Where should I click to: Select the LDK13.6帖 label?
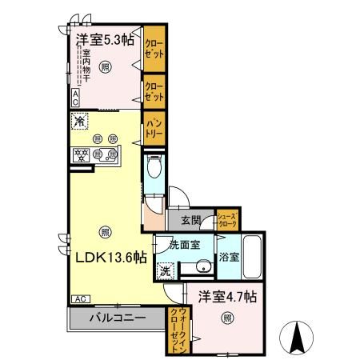point(110,257)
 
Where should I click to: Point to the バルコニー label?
point(116,318)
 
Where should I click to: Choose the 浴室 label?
point(228,258)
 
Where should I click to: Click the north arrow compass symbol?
point(298,338)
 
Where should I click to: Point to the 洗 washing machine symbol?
point(165,271)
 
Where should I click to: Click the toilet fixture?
point(154,169)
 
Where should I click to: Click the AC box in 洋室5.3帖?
point(75,98)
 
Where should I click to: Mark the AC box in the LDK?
point(81,298)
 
